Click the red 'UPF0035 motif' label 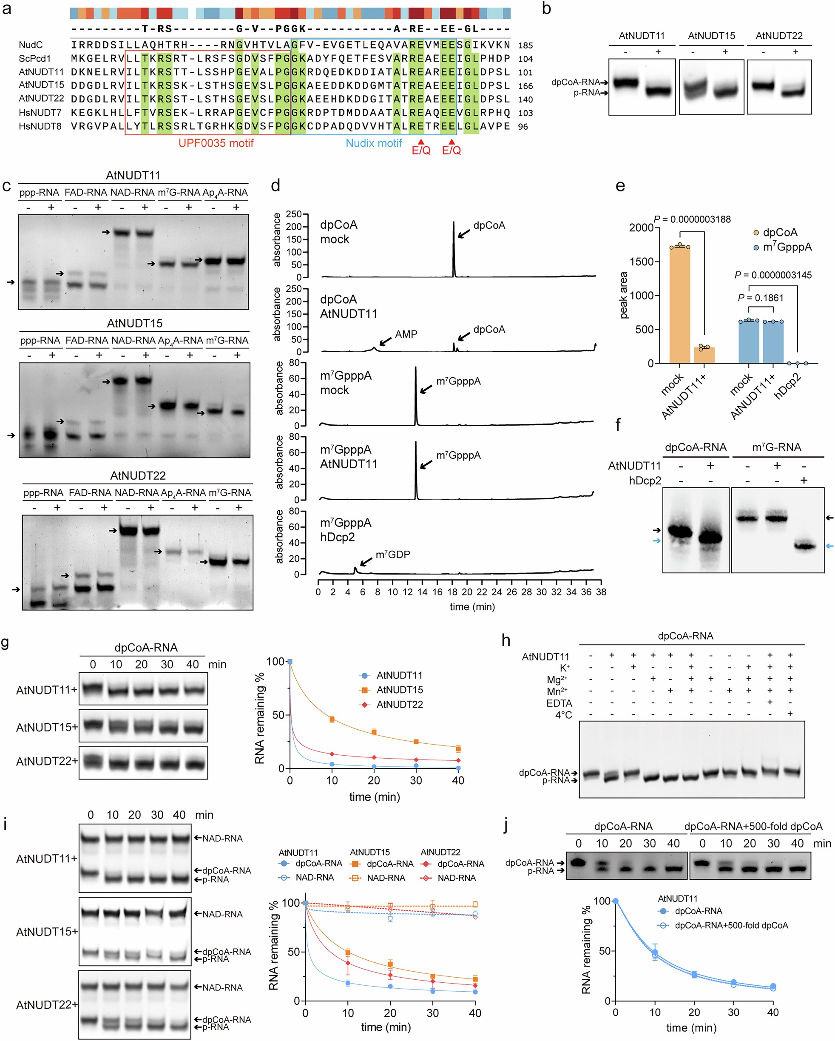coord(216,143)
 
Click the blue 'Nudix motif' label coord(374,143)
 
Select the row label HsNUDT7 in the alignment coord(40,113)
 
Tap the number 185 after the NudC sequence coord(525,46)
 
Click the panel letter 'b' coord(546,9)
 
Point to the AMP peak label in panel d coord(406,334)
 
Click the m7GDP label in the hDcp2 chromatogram coord(392,554)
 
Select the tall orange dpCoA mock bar coord(679,304)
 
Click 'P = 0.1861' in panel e coord(760,298)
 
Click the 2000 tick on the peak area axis coord(641,228)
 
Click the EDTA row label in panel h coord(559,703)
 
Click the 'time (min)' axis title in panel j coord(691,1027)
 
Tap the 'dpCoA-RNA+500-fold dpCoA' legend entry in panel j coord(731,926)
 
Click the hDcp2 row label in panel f coord(645,481)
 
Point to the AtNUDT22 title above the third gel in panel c coord(138,475)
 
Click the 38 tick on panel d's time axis coord(601,592)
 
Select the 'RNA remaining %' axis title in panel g coord(260,718)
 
